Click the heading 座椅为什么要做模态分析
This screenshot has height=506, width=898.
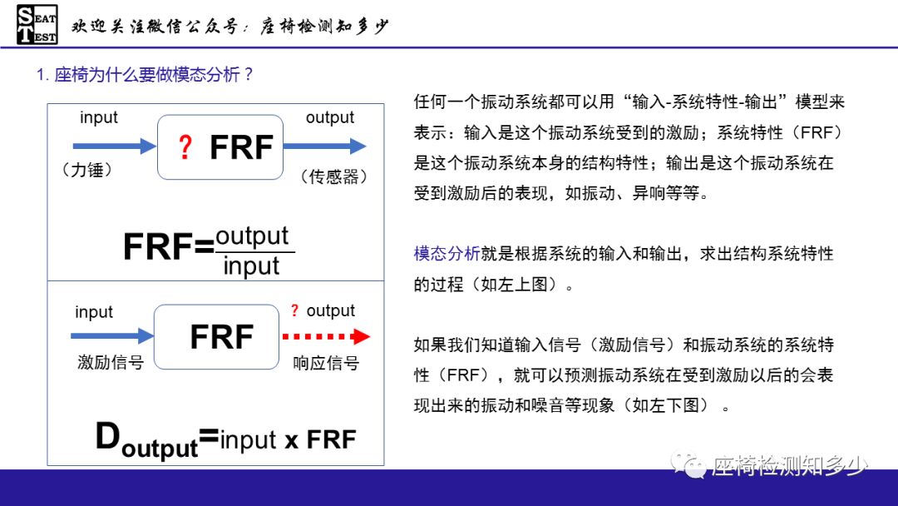coord(145,75)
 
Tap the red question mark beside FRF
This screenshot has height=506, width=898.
coord(185,147)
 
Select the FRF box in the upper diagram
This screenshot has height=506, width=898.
coord(220,147)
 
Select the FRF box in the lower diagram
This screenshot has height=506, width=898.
coord(216,337)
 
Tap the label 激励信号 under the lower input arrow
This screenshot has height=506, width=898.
coord(111,363)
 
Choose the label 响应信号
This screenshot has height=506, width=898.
coord(326,363)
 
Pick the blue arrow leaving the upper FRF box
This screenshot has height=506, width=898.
coord(324,146)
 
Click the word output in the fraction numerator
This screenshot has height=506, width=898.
coord(252,236)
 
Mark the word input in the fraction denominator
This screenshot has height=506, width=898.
coord(251,266)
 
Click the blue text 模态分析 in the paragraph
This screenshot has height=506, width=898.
coord(447,254)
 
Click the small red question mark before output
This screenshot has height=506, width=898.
coord(294,311)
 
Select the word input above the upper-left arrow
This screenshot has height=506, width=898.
coord(99,118)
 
